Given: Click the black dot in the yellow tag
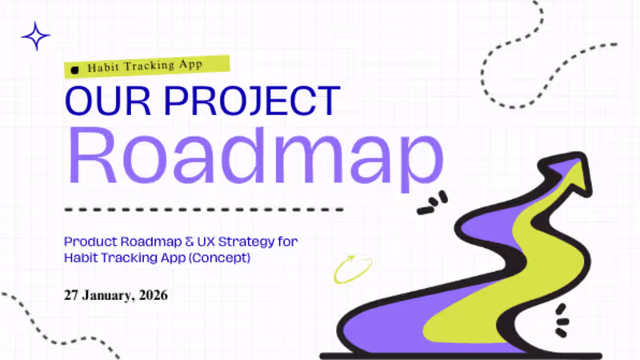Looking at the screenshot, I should [75, 70].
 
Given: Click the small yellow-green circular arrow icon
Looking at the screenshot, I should [348, 269].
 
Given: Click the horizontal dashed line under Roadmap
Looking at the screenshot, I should [204, 210].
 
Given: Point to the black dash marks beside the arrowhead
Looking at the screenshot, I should [433, 205].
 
